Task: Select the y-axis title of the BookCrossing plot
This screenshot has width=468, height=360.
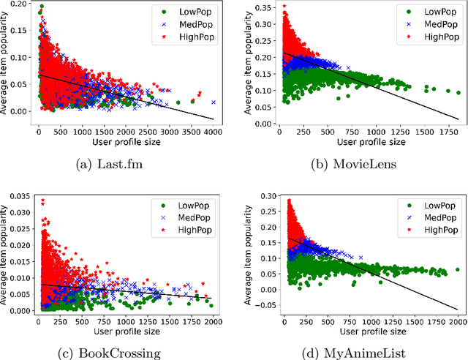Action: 5,252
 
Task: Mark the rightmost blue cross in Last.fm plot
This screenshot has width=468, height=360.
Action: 214,102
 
